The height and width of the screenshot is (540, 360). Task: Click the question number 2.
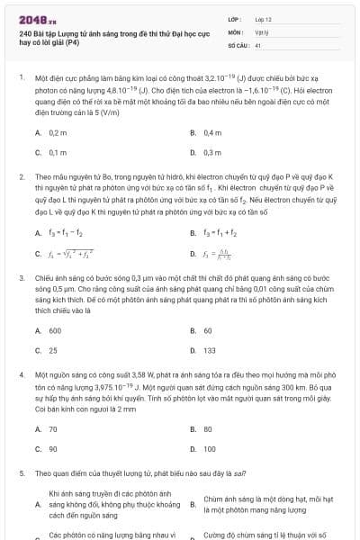tap(21, 178)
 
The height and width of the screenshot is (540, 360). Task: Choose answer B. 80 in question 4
tap(207, 429)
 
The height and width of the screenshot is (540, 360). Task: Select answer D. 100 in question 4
tap(209, 448)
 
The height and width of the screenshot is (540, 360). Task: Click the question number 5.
tap(21, 472)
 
